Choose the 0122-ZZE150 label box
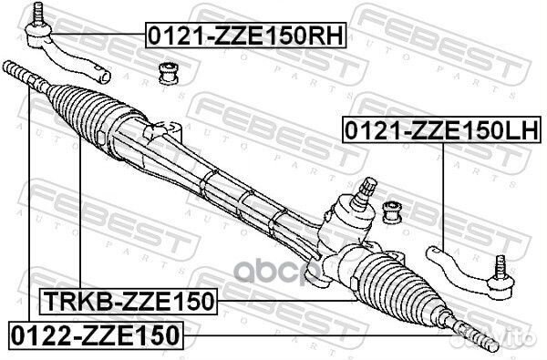[95, 334]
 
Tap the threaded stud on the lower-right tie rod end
[500, 267]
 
